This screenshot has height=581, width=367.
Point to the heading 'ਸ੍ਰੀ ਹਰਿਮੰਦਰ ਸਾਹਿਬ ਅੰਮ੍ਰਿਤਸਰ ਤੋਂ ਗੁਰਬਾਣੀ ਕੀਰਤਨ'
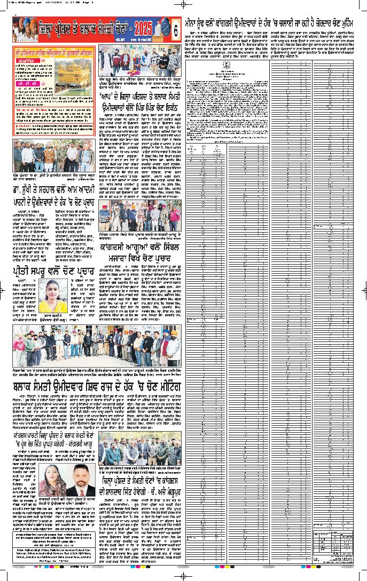[53, 52]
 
